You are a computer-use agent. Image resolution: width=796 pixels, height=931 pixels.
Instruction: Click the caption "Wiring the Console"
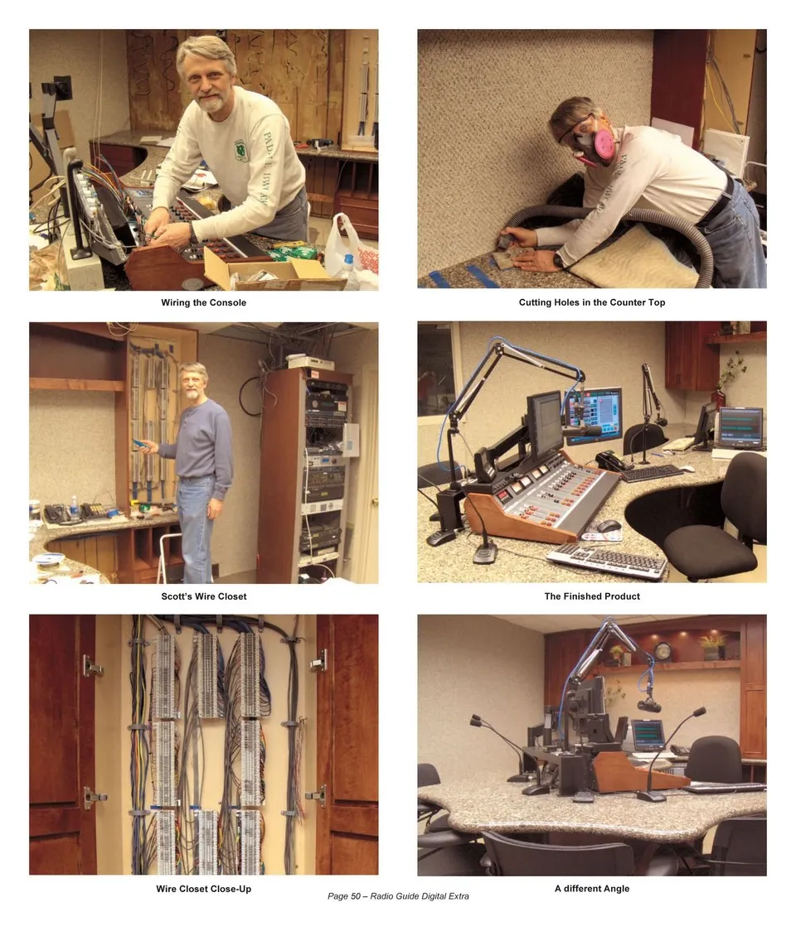click(x=203, y=302)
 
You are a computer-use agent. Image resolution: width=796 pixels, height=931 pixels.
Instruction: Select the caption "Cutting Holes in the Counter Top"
click(x=591, y=302)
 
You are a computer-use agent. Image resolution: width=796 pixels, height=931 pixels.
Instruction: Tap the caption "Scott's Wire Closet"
click(x=203, y=596)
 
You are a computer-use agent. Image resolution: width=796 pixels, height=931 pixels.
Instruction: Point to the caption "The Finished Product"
click(x=591, y=596)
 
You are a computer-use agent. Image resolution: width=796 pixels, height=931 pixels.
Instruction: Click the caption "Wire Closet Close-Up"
click(x=203, y=889)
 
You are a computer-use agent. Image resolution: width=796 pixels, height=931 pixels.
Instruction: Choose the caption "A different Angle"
click(x=591, y=888)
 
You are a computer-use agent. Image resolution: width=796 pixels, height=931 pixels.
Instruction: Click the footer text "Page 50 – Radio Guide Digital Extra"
click(x=398, y=896)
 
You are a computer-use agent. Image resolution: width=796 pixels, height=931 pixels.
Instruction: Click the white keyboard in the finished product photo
click(x=608, y=560)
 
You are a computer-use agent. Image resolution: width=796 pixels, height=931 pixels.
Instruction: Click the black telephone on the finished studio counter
click(x=609, y=461)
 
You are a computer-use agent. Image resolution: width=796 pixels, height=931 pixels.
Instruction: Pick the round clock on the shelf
click(x=663, y=651)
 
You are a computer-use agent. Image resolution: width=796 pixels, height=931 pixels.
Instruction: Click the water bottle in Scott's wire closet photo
click(x=75, y=509)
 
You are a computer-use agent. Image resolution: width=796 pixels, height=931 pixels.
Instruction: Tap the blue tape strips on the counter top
click(x=466, y=276)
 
